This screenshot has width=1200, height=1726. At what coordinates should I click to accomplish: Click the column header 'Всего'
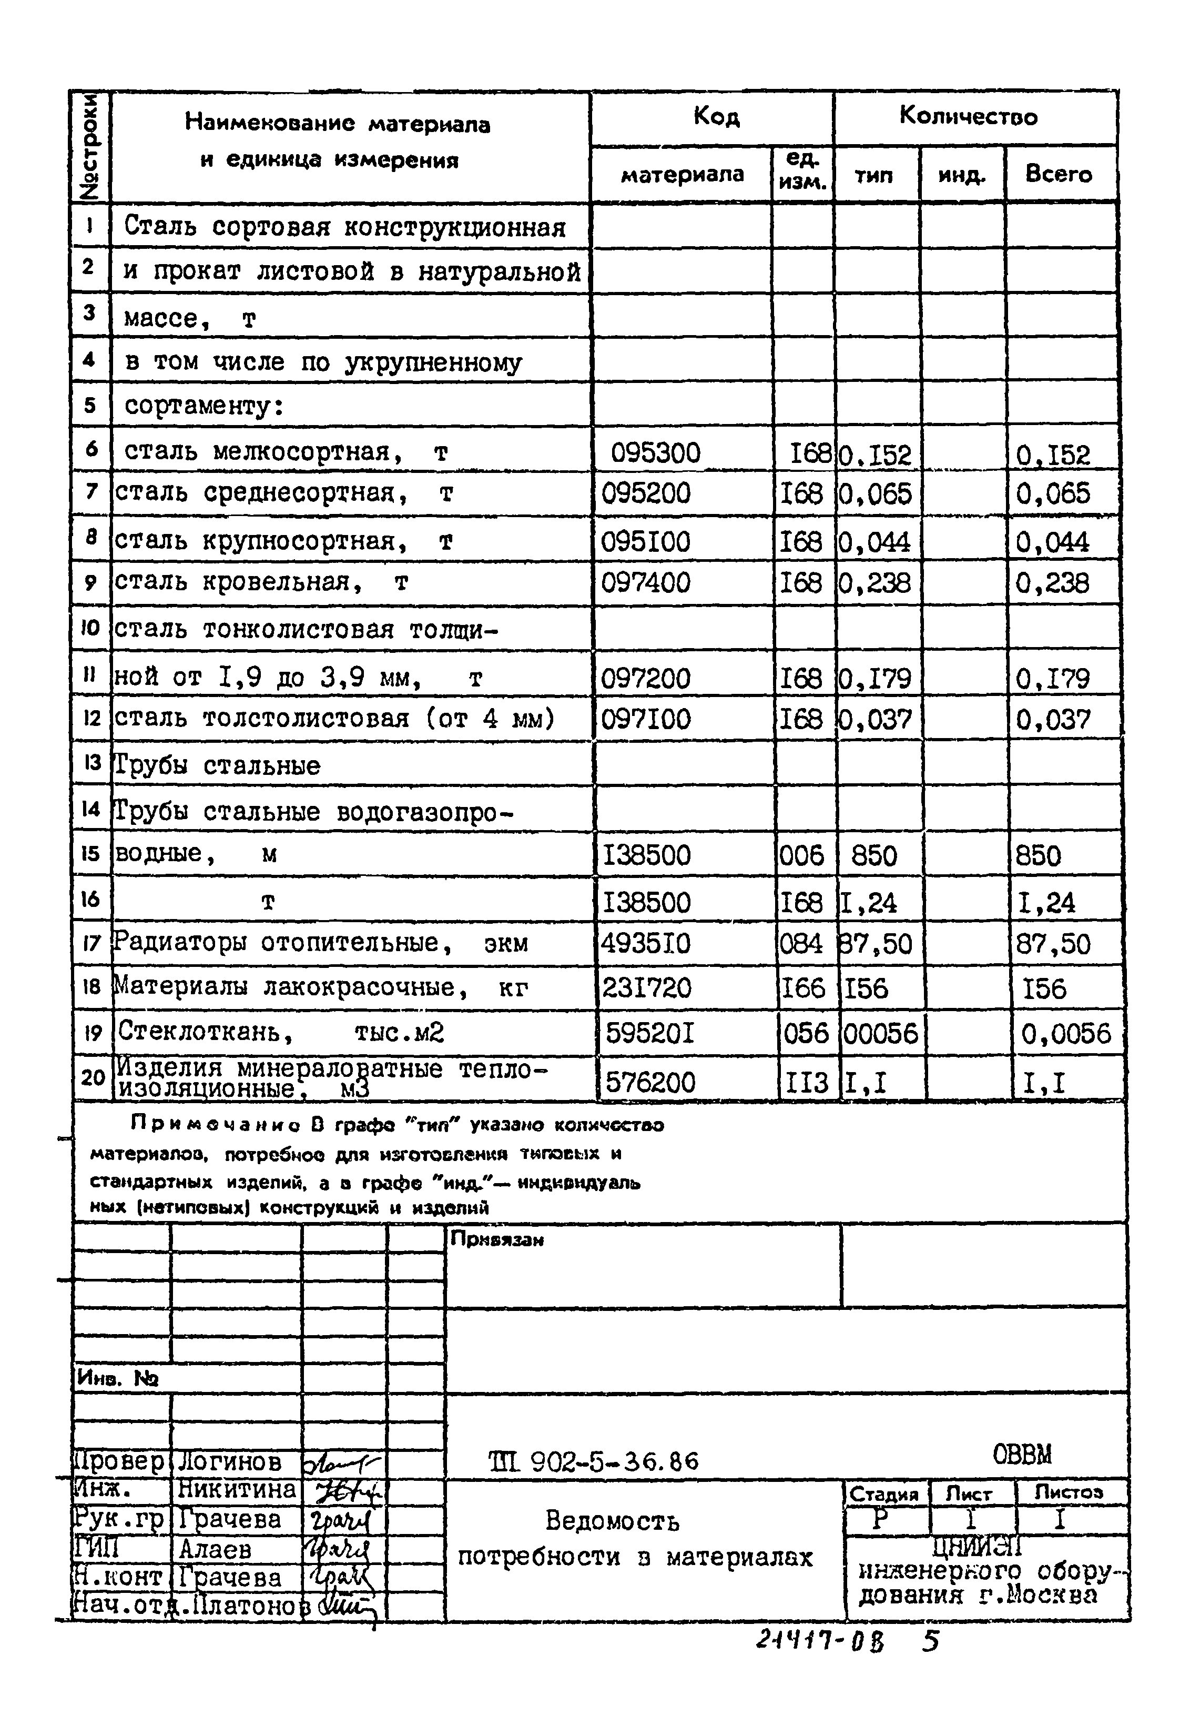pos(1058,175)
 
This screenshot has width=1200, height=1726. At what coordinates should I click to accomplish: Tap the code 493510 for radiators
pos(645,943)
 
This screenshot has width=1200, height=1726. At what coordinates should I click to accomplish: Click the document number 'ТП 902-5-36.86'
pos(594,1461)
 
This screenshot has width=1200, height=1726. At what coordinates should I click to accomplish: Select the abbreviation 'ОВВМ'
pos(1022,1455)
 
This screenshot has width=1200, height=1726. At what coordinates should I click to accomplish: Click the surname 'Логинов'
pos(230,1462)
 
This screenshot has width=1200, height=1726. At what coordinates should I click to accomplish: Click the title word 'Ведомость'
pos(613,1521)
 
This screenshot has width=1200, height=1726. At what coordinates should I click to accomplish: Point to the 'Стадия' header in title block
pos(884,1493)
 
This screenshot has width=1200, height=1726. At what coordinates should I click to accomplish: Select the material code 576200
pos(650,1083)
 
